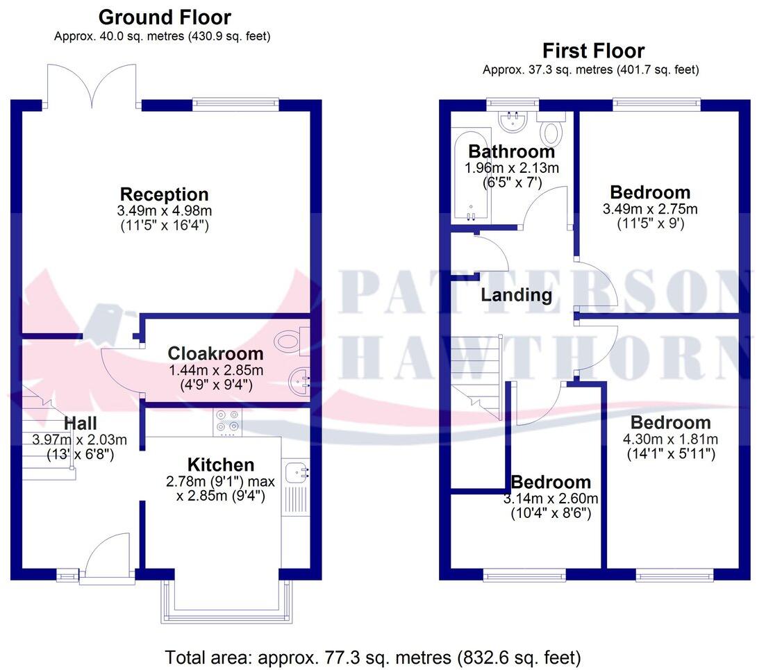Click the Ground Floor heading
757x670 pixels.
pos(165,17)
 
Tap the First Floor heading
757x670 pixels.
pos(593,51)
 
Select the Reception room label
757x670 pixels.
pos(164,194)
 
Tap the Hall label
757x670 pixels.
pos(80,423)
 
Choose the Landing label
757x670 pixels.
pos(517,295)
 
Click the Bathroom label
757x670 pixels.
pos(512,151)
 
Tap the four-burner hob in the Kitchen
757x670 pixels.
pos(228,422)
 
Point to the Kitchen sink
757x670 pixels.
pos(297,472)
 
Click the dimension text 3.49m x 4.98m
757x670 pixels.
pos(164,210)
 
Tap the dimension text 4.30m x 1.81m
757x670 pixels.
pos(670,439)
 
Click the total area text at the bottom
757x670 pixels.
pos(373,656)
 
